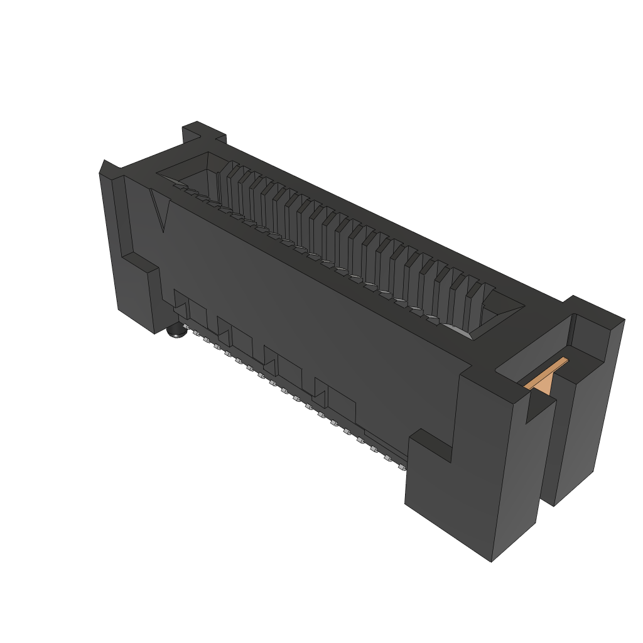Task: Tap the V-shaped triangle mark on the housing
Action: click(x=161, y=210)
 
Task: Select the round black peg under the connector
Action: click(x=177, y=332)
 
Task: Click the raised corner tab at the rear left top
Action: click(x=203, y=132)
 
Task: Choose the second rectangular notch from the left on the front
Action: click(x=235, y=333)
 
